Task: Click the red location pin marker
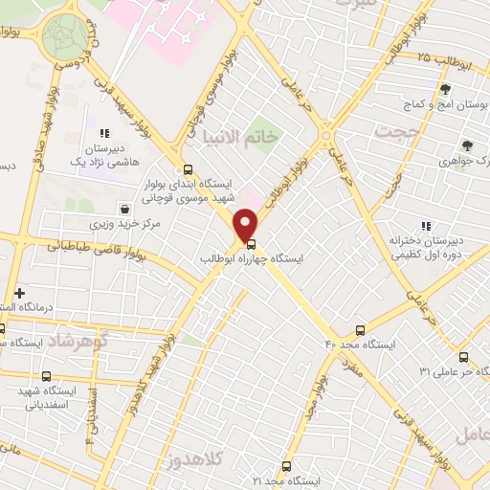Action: point(247,225)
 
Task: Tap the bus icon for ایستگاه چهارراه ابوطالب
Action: point(252,243)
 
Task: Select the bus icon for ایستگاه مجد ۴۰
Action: point(360,331)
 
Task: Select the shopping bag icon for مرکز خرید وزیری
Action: point(124,208)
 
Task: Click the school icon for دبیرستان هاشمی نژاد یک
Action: point(103,133)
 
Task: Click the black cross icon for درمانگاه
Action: point(19,292)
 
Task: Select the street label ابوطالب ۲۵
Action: point(441,58)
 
